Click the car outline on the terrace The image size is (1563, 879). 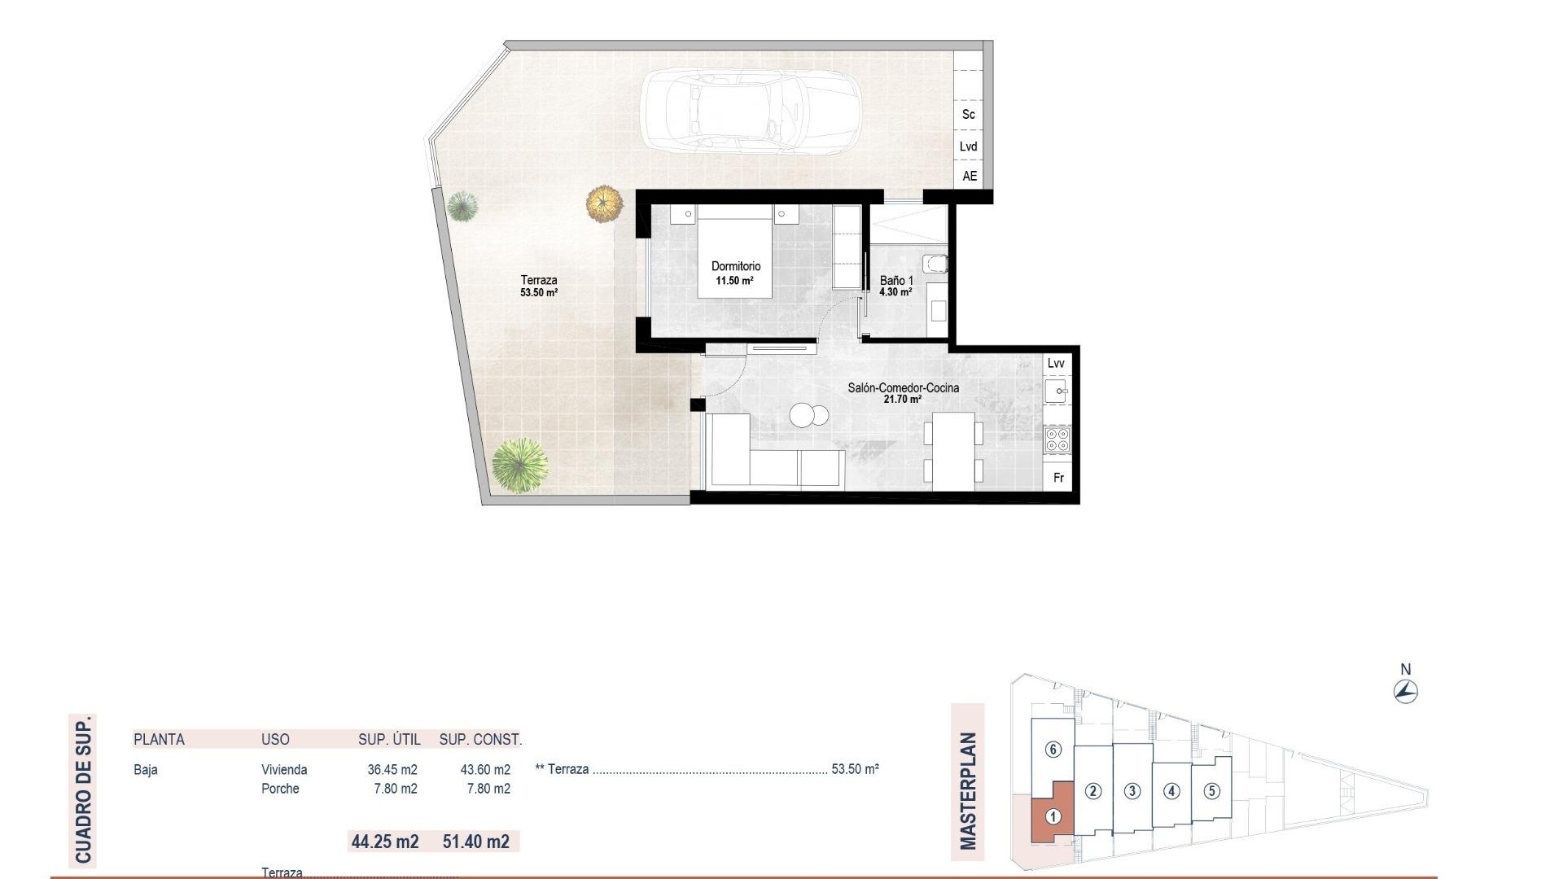click(751, 112)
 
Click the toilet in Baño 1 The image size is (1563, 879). click(936, 263)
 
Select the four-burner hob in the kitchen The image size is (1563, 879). click(1057, 440)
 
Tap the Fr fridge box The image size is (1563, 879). click(1058, 478)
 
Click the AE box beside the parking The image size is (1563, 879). click(969, 176)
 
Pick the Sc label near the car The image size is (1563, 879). click(968, 115)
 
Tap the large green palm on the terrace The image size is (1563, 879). click(519, 465)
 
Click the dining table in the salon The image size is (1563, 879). click(953, 451)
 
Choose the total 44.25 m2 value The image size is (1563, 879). click(385, 841)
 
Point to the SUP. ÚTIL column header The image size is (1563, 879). click(389, 739)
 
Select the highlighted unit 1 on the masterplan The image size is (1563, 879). click(1053, 816)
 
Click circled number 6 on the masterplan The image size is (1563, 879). click(1053, 749)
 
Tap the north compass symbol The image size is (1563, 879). click(1405, 692)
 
